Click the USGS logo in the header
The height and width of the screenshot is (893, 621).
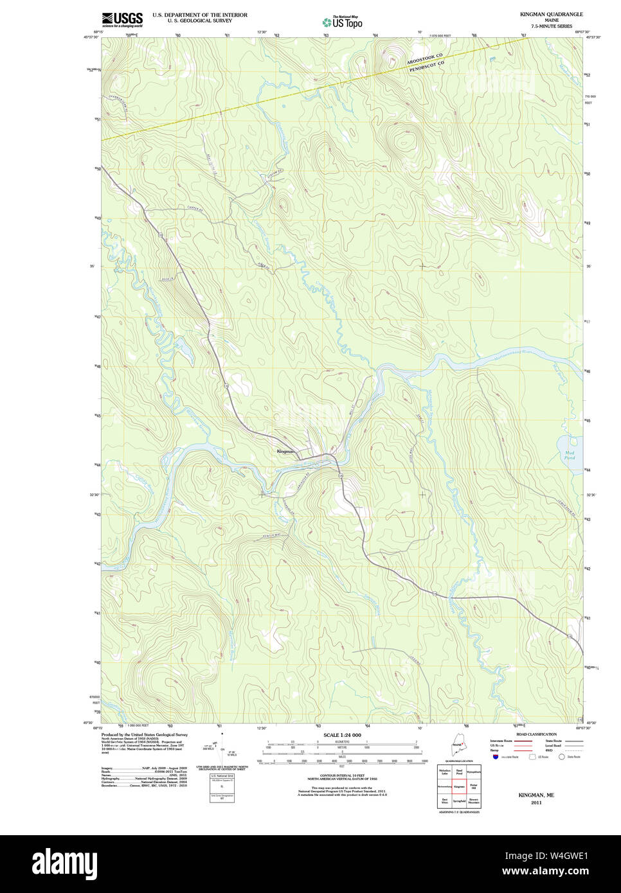pyautogui.click(x=122, y=19)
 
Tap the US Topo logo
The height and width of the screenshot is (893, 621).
pyautogui.click(x=343, y=22)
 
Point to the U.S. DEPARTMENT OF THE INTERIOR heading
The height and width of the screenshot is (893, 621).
pyautogui.click(x=199, y=15)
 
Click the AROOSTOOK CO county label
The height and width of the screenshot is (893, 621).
pyautogui.click(x=425, y=58)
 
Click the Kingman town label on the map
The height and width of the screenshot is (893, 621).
pyautogui.click(x=285, y=452)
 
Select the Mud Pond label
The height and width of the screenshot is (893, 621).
pyautogui.click(x=569, y=455)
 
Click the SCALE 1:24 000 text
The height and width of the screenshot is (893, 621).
pyautogui.click(x=342, y=735)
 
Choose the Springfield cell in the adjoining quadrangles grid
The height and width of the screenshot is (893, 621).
pyautogui.click(x=459, y=801)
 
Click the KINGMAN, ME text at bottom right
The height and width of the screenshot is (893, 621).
pyautogui.click(x=536, y=795)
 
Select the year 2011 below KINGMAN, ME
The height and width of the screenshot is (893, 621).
pyautogui.click(x=536, y=802)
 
